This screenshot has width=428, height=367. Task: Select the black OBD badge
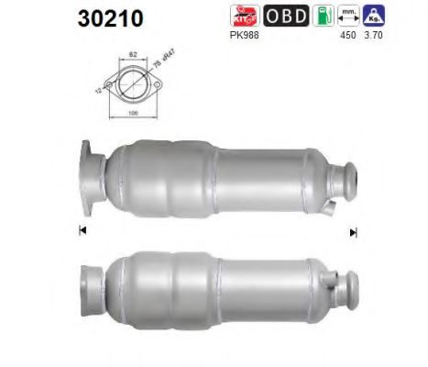click(x=288, y=17)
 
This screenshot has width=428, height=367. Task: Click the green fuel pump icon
click(x=322, y=17)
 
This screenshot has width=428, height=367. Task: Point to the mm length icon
click(x=347, y=17)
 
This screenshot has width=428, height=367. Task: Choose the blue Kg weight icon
click(x=375, y=17)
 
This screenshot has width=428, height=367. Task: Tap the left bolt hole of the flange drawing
click(x=111, y=85)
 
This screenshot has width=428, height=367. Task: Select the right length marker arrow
click(x=353, y=232)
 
